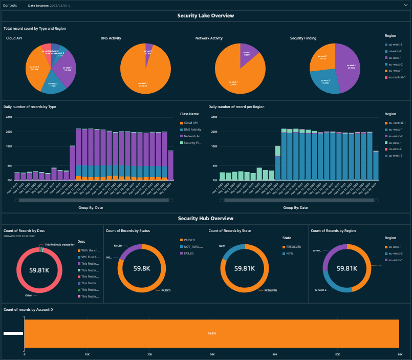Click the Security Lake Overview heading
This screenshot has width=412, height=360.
206,16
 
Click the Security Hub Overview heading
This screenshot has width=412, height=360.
206,218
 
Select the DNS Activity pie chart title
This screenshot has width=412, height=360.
111,38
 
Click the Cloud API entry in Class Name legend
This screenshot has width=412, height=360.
190,123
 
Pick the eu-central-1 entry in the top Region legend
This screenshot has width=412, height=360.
397,77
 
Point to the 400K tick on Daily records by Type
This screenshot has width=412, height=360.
8,117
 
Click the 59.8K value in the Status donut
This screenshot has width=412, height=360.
142,268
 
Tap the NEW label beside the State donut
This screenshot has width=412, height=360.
222,245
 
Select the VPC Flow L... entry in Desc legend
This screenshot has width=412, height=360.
90,257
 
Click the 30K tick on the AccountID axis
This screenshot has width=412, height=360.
212,354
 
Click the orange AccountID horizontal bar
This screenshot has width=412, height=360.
211,333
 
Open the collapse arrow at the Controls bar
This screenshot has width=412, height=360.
405,5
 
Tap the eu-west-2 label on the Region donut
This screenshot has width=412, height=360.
321,289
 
